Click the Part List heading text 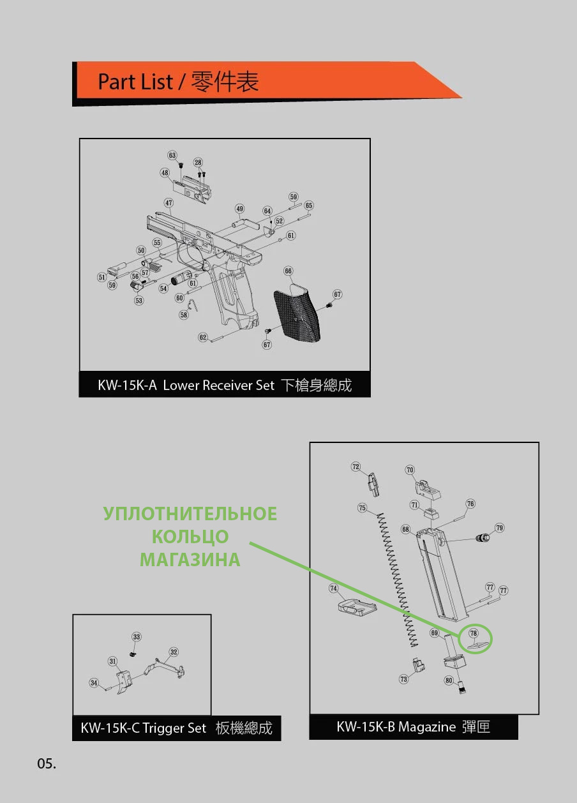pos(178,82)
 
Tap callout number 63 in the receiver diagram pos(172,155)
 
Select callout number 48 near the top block pos(165,173)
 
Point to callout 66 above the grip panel pos(288,271)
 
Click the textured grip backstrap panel pos(297,312)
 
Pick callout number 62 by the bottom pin pos(203,337)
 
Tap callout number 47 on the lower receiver pos(169,203)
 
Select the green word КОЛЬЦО pos(190,537)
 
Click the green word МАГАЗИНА pos(190,560)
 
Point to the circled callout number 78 pos(474,633)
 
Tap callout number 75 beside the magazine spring pos(363,508)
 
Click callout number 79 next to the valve pos(500,528)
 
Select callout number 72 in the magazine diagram pos(356,467)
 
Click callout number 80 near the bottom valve pos(449,680)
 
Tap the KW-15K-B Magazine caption pos(413,726)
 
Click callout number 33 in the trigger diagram pos(137,636)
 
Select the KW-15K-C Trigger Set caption pos(176,728)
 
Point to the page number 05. pos(47,764)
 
